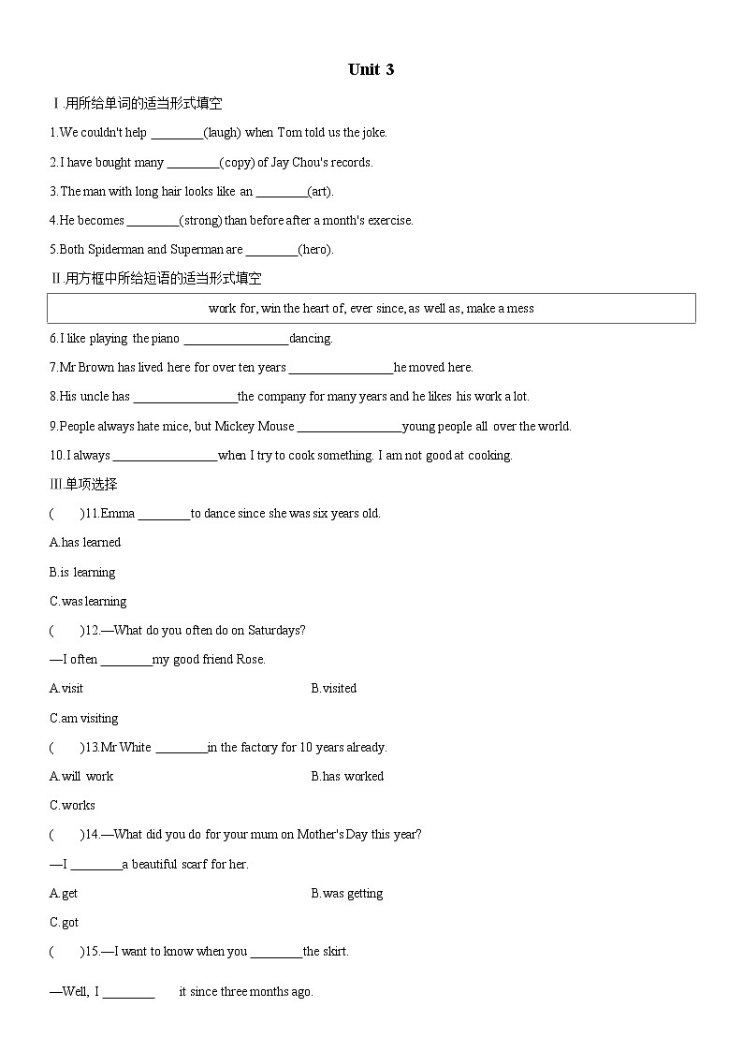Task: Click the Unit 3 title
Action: coord(371,69)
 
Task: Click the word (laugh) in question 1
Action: coord(222,133)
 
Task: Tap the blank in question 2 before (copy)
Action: coord(193,163)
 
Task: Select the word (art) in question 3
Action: coord(320,192)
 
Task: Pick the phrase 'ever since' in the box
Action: coord(377,308)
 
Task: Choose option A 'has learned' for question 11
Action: coord(85,543)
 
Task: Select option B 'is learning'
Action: coord(82,572)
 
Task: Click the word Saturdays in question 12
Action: coord(277,631)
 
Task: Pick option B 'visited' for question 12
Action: coord(334,689)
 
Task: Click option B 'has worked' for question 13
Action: coord(347,777)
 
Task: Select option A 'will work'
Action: coord(81,777)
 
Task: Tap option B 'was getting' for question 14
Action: coord(347,894)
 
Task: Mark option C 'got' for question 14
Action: coord(65,923)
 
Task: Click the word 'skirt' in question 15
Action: coord(333,952)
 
